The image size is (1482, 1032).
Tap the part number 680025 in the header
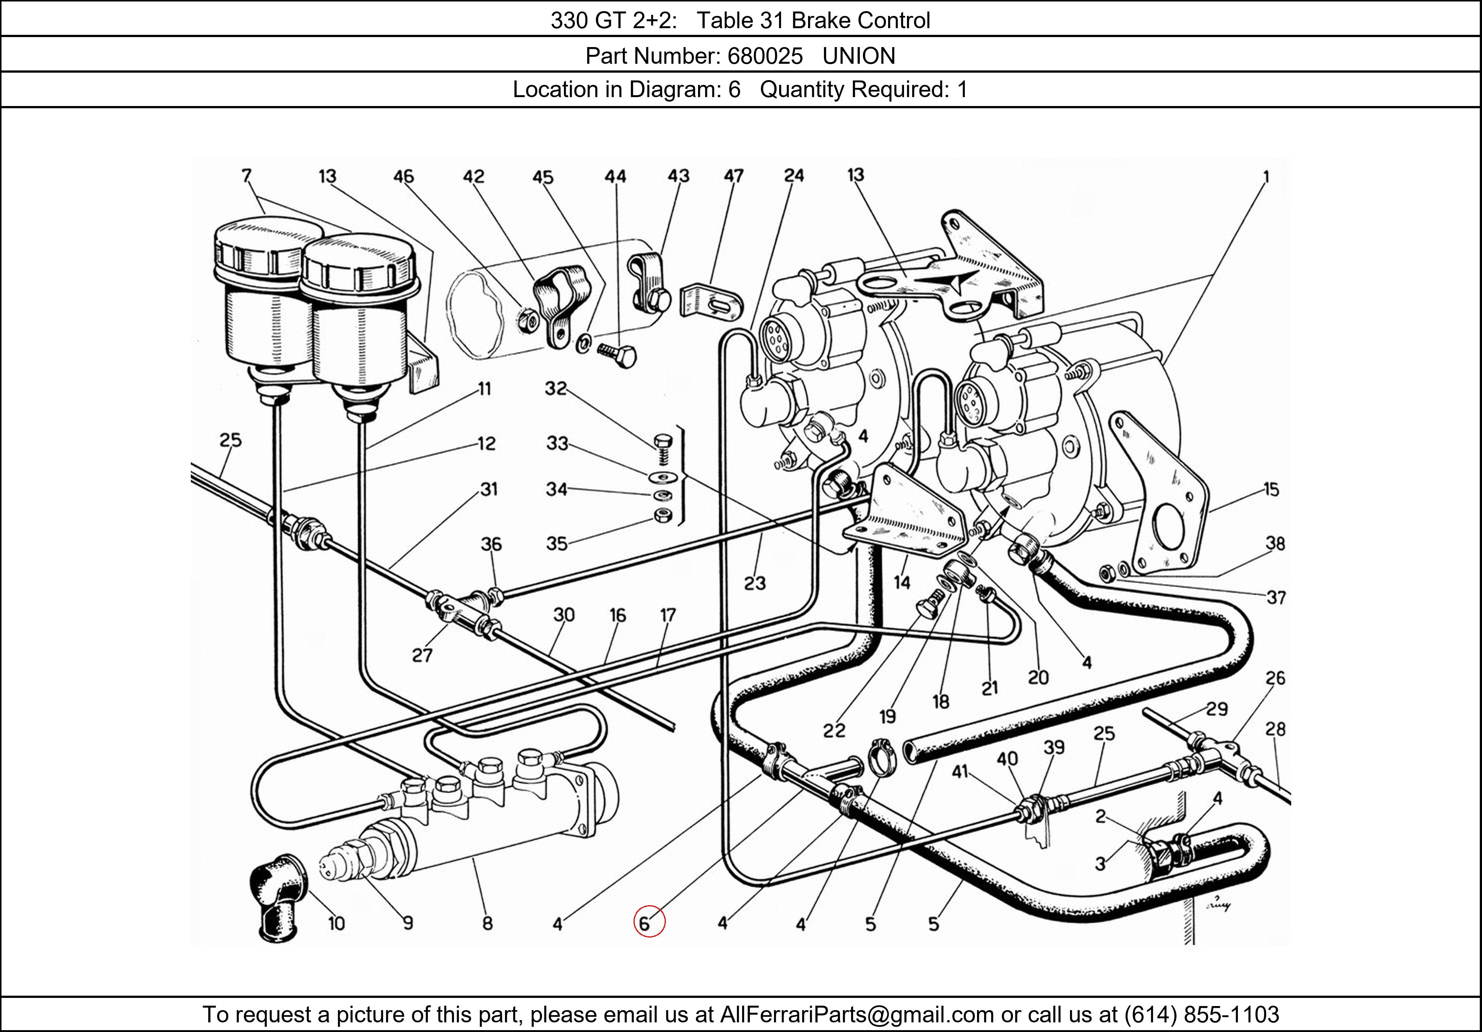764,56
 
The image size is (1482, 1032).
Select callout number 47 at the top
733,176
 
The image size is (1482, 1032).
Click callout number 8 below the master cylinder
487,923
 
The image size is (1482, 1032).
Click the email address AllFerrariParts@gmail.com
857,1015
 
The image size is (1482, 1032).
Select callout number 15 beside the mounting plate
1271,490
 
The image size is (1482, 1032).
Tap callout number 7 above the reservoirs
246,176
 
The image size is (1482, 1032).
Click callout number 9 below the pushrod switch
408,923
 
